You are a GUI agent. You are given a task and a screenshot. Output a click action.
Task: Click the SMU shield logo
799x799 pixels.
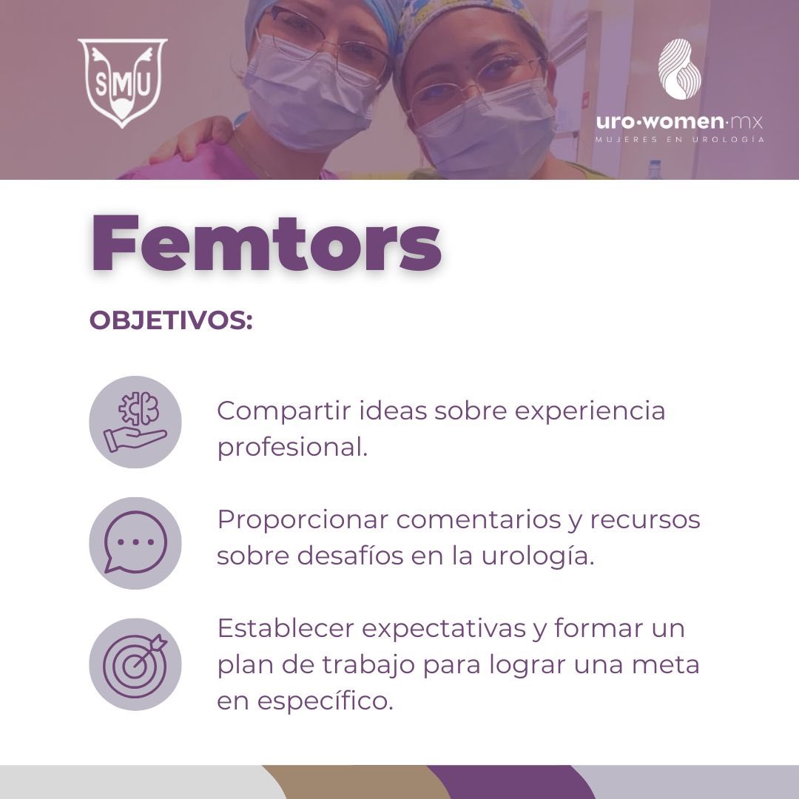point(122,81)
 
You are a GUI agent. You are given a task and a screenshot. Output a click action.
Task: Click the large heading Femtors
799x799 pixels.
point(266,245)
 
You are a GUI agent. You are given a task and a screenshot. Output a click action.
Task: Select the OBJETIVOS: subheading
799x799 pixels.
point(171,321)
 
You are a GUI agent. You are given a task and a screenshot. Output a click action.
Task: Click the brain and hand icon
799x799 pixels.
point(135,422)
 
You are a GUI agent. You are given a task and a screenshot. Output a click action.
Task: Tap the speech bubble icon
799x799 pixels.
point(135,542)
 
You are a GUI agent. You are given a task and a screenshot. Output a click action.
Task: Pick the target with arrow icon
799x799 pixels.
point(135,664)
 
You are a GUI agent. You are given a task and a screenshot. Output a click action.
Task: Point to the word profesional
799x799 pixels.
point(291,447)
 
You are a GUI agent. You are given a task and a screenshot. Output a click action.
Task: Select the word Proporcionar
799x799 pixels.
point(302,519)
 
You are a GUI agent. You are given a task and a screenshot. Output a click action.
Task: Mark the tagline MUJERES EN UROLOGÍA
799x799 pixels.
point(680,138)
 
